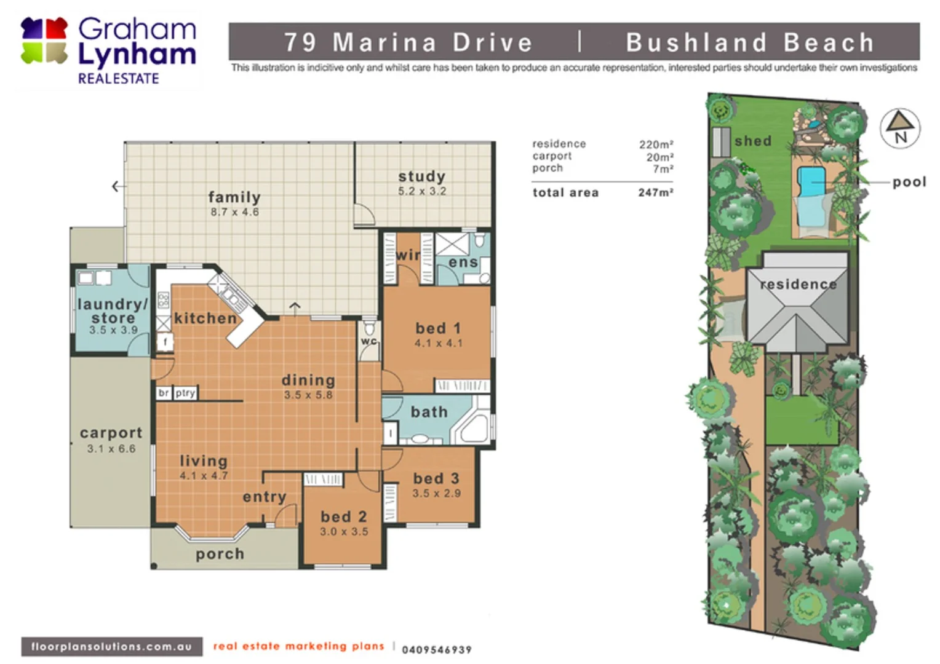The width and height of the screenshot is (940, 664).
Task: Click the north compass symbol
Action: [x=900, y=128]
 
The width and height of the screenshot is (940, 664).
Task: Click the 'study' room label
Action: [x=421, y=176]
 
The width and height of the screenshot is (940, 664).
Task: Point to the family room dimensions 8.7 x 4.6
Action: [x=234, y=212]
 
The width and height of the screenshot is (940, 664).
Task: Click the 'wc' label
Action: [x=368, y=341]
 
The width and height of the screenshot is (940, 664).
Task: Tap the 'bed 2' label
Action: [x=343, y=517]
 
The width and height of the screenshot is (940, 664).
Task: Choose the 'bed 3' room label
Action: [x=436, y=478]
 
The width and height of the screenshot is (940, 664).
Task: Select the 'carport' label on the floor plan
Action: [x=111, y=433]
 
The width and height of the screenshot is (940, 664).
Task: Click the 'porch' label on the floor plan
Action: [x=220, y=554]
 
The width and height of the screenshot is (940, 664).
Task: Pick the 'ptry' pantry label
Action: [x=185, y=393]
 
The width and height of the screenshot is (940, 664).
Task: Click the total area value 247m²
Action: [x=655, y=192]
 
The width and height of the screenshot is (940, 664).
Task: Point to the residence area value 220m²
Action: [x=656, y=144]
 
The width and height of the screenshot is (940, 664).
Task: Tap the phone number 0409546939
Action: [x=436, y=650]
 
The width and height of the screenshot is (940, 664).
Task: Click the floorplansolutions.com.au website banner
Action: [x=111, y=647]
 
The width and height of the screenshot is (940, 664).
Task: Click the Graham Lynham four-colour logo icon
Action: [x=44, y=41]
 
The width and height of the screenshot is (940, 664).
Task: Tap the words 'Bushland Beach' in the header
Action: [x=749, y=42]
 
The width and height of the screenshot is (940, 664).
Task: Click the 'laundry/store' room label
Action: [x=113, y=311]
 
